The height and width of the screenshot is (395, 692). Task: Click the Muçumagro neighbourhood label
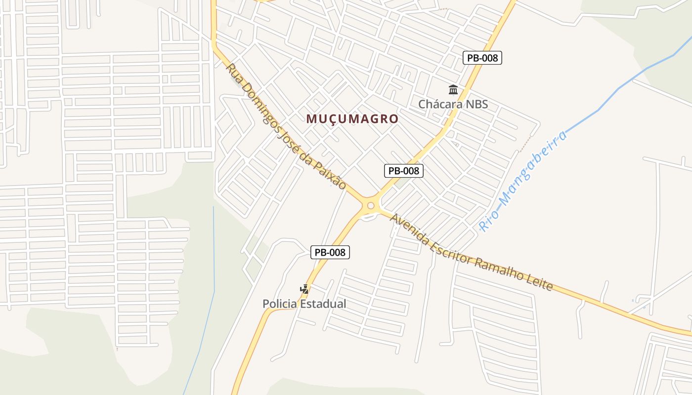[352, 119]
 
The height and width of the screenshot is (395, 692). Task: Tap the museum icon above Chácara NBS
[453, 90]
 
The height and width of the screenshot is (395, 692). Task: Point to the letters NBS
[477, 104]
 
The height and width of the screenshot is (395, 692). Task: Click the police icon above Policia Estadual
[304, 289]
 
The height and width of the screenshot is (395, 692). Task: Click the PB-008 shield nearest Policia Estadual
[330, 252]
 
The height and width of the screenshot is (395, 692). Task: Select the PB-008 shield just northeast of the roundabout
[404, 171]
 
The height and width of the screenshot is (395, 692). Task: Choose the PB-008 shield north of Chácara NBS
[482, 58]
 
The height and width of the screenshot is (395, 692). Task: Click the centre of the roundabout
[371, 205]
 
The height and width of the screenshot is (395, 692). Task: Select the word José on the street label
[288, 137]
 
